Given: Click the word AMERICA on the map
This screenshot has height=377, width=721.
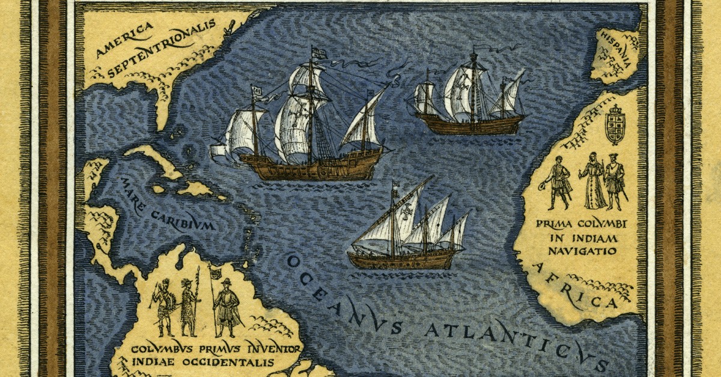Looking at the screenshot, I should click(x=124, y=40).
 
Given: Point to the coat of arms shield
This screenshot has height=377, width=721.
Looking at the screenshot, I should click(x=615, y=125).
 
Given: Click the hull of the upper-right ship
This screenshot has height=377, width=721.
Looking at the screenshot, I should click(x=471, y=125).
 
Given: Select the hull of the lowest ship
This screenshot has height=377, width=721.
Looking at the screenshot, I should click(x=403, y=259).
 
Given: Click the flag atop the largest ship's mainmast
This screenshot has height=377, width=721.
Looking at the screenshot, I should click(x=319, y=53).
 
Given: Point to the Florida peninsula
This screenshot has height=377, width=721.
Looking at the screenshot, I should click(x=162, y=102).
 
